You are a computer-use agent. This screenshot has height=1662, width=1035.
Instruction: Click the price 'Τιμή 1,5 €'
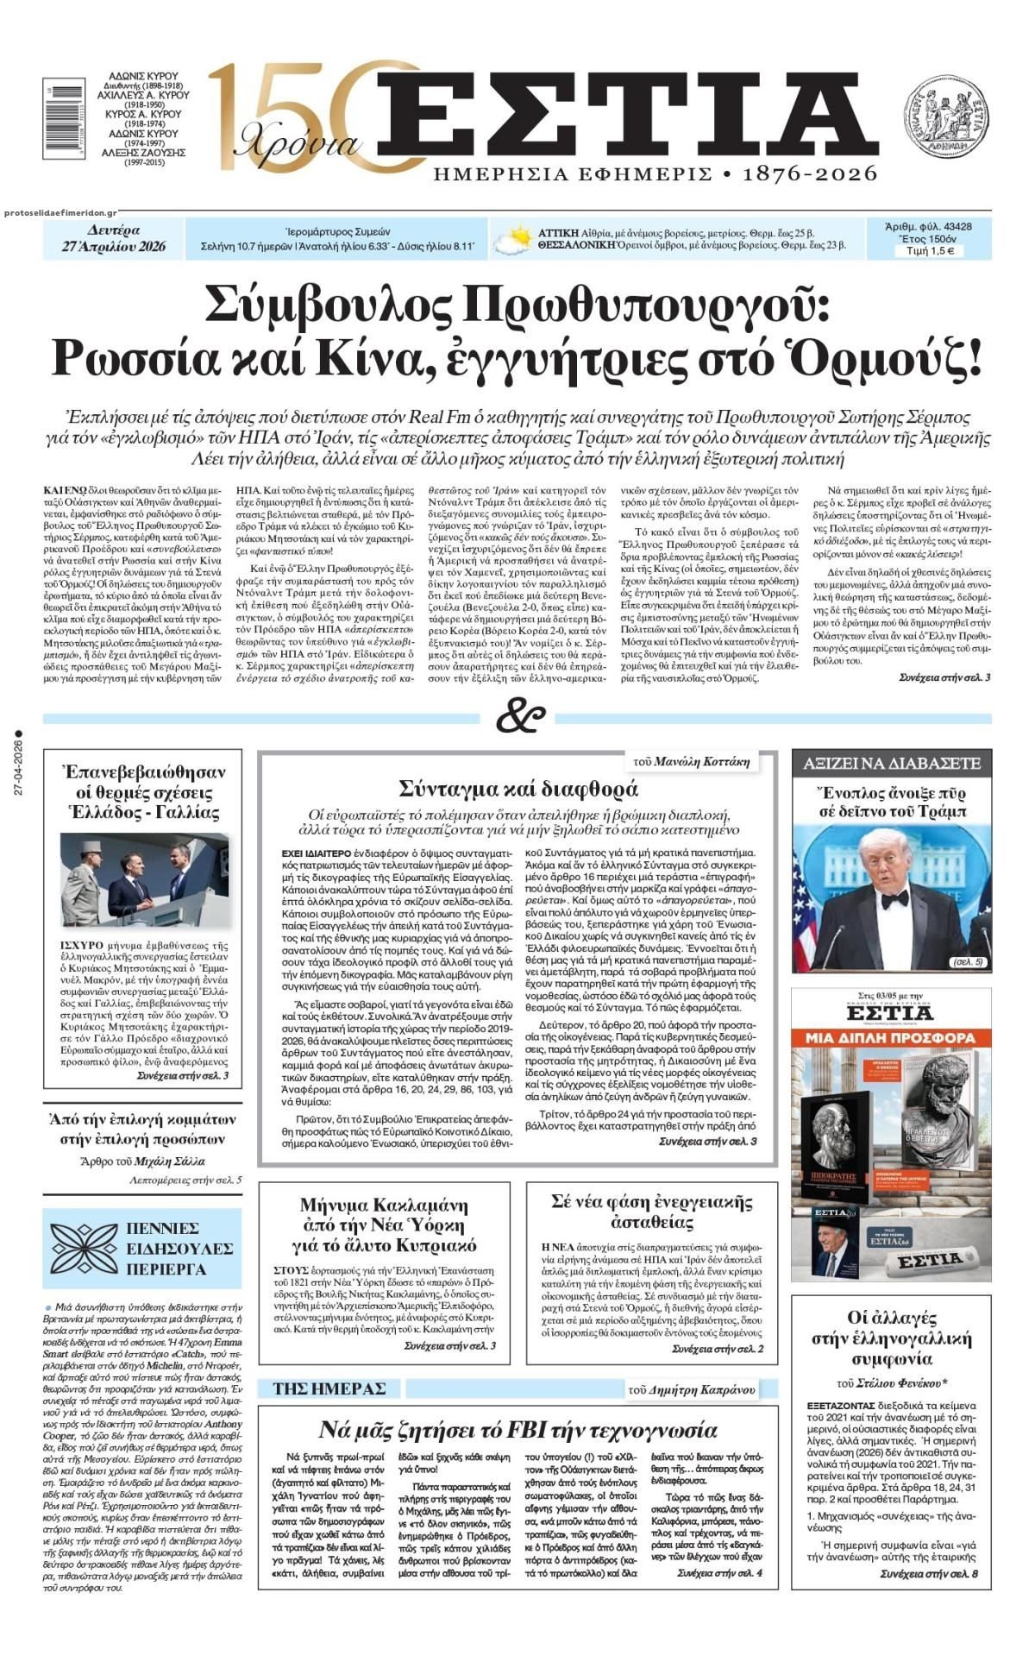click(x=929, y=251)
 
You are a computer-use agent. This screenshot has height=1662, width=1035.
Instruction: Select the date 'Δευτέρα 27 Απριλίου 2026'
click(x=114, y=238)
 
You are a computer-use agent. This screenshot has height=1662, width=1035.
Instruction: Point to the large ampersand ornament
click(x=521, y=715)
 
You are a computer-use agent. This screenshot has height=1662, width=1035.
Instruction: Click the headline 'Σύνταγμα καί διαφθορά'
click(x=518, y=787)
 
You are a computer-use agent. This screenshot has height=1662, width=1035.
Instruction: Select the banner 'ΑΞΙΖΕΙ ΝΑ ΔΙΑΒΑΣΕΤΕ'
click(x=891, y=763)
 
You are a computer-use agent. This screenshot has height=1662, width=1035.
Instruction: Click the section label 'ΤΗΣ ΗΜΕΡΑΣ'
click(x=329, y=1388)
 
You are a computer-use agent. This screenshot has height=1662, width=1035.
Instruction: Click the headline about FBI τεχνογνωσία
click(x=517, y=1430)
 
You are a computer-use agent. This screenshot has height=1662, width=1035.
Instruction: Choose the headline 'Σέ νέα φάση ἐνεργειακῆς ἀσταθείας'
click(x=651, y=1212)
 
